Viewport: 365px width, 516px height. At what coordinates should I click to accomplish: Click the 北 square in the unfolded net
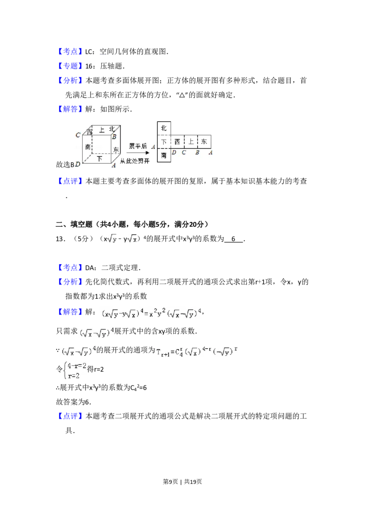coord(164,128)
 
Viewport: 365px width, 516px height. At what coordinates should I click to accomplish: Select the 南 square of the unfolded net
coord(164,156)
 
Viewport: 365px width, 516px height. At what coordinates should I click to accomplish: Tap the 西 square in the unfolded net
coord(177,142)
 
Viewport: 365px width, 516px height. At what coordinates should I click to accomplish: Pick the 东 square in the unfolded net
coord(204,142)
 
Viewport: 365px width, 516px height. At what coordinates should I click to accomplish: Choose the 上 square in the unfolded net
coord(191,142)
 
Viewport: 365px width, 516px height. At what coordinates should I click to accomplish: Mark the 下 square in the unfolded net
coord(164,142)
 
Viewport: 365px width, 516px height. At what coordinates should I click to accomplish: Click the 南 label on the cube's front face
coord(88,147)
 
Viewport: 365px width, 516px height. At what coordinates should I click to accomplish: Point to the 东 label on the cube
coord(116,149)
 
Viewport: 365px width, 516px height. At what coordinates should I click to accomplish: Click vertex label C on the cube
coord(78,135)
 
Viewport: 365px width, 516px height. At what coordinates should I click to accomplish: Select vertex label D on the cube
coord(78,164)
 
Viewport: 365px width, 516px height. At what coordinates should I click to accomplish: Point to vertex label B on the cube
coord(114,137)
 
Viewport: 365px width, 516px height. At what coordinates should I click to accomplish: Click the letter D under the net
coord(174,152)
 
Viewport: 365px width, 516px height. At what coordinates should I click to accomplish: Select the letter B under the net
coord(197,152)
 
